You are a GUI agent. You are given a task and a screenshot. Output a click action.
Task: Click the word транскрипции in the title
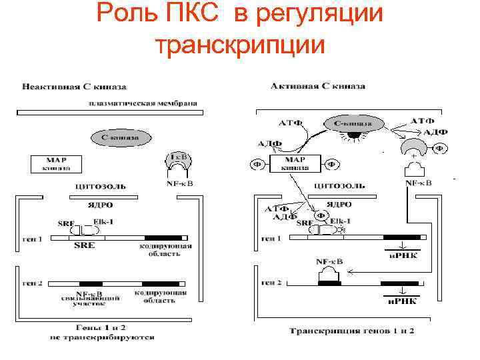tap(239, 45)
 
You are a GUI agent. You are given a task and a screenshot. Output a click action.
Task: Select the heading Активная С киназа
tap(318, 86)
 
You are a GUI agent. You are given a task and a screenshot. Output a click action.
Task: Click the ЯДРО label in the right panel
tap(337, 205)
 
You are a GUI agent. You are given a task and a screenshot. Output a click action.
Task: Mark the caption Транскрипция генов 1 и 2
tap(351, 331)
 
